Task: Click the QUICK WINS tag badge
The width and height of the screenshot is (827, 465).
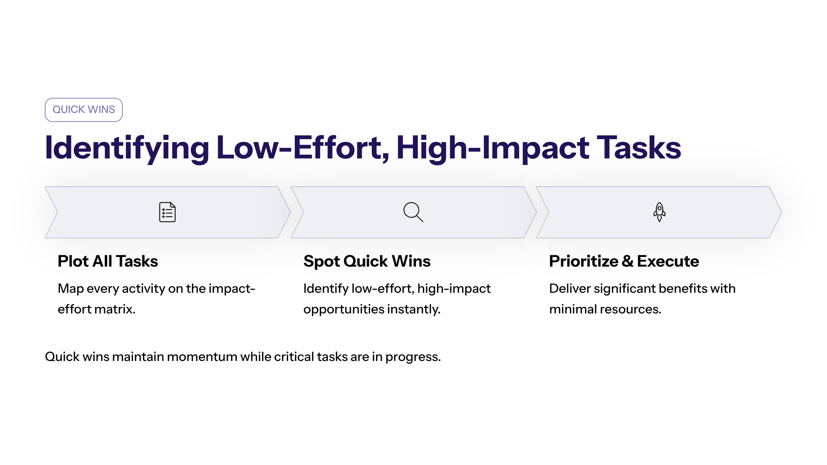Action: pos(84,110)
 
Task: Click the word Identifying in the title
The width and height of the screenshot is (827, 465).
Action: pos(127,148)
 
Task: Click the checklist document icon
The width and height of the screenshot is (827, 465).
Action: pos(167,212)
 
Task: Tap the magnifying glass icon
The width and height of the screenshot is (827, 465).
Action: pos(413,212)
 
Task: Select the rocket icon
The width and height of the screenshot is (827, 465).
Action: pos(660,212)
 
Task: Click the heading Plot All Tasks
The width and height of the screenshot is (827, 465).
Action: pos(108,261)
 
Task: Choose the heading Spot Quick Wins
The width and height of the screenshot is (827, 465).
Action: pos(367,261)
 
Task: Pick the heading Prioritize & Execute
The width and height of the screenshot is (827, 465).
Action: pos(624,261)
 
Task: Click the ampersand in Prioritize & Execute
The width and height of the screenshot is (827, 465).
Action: pos(628,261)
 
